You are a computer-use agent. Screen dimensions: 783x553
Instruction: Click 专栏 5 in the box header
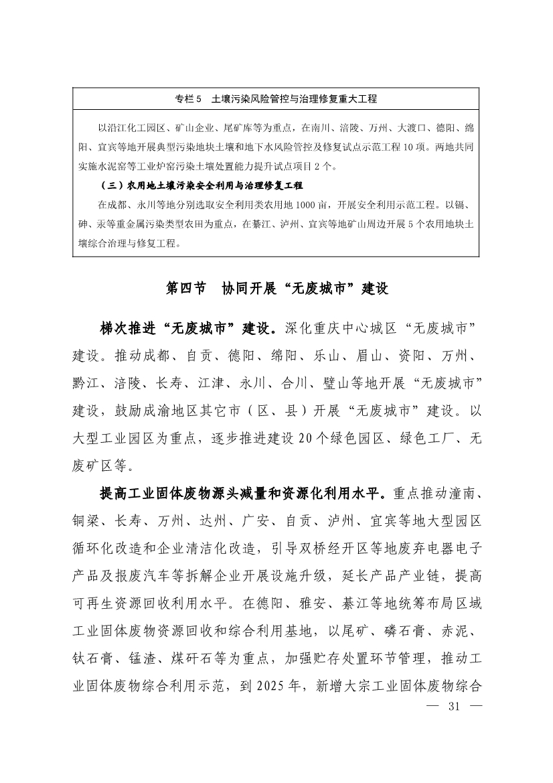click(x=188, y=99)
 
